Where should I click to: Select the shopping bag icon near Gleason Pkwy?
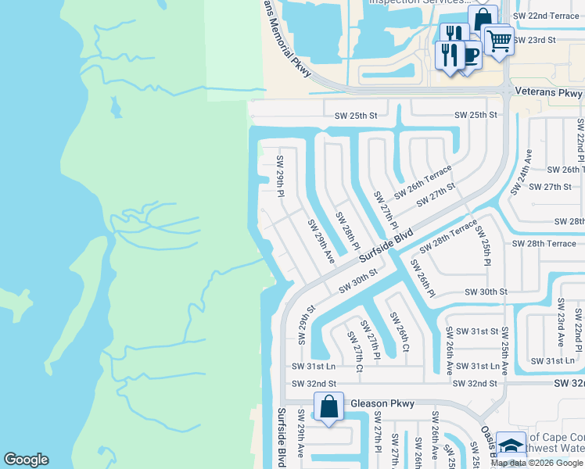coord(329,406)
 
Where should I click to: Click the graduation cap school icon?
coord(511,446)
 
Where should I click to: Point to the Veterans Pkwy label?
coord(548,93)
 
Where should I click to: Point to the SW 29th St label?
coord(304,325)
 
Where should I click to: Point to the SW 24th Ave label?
coord(519,171)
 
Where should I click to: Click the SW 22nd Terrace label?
coord(546,16)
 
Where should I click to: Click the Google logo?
coord(26,460)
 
